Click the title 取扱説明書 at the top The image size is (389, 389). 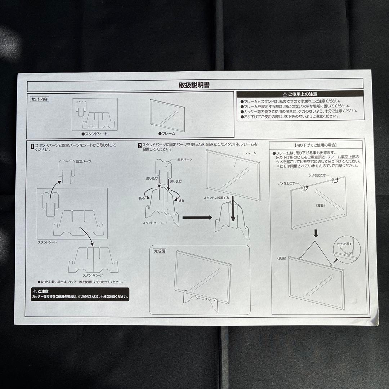point(194,85)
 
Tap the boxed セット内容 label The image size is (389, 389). point(39,99)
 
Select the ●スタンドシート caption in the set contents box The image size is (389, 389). point(95,134)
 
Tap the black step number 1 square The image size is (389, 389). point(32,146)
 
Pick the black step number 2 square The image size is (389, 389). point(139,146)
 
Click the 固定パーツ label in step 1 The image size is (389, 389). point(84,162)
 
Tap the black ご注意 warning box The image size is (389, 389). point(80,294)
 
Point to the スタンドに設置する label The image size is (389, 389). point(216,198)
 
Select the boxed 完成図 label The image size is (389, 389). point(160,251)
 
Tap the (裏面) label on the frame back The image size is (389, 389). point(321,206)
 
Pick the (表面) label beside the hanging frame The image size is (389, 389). point(282,258)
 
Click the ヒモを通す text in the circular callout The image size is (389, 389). point(344,244)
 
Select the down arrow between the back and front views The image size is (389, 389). point(316,233)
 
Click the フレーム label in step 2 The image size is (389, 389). point(250,153)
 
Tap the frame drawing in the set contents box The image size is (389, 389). point(166,115)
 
